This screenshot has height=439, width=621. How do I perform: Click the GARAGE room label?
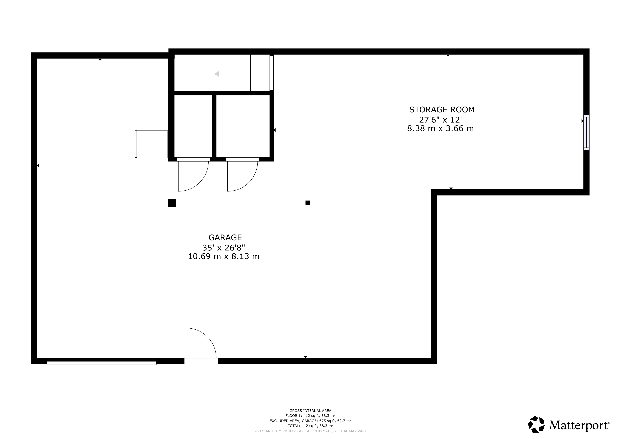225,237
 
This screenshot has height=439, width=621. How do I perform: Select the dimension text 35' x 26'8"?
224,247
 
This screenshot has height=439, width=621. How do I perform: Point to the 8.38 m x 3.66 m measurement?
440,128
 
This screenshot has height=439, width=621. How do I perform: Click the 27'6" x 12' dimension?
440,119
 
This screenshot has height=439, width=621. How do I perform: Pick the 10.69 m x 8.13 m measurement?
224,256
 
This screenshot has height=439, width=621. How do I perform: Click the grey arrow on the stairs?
232,74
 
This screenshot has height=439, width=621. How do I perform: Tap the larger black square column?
172,203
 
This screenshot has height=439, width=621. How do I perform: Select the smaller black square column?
308,203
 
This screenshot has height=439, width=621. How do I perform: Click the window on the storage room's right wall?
586,132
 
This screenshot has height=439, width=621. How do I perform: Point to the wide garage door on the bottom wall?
102,361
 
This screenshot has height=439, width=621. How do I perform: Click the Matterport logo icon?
536,424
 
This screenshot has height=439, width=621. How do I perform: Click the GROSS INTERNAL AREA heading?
310,411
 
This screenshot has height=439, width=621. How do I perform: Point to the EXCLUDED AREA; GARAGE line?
310,421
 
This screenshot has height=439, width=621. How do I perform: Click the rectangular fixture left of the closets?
152,144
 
